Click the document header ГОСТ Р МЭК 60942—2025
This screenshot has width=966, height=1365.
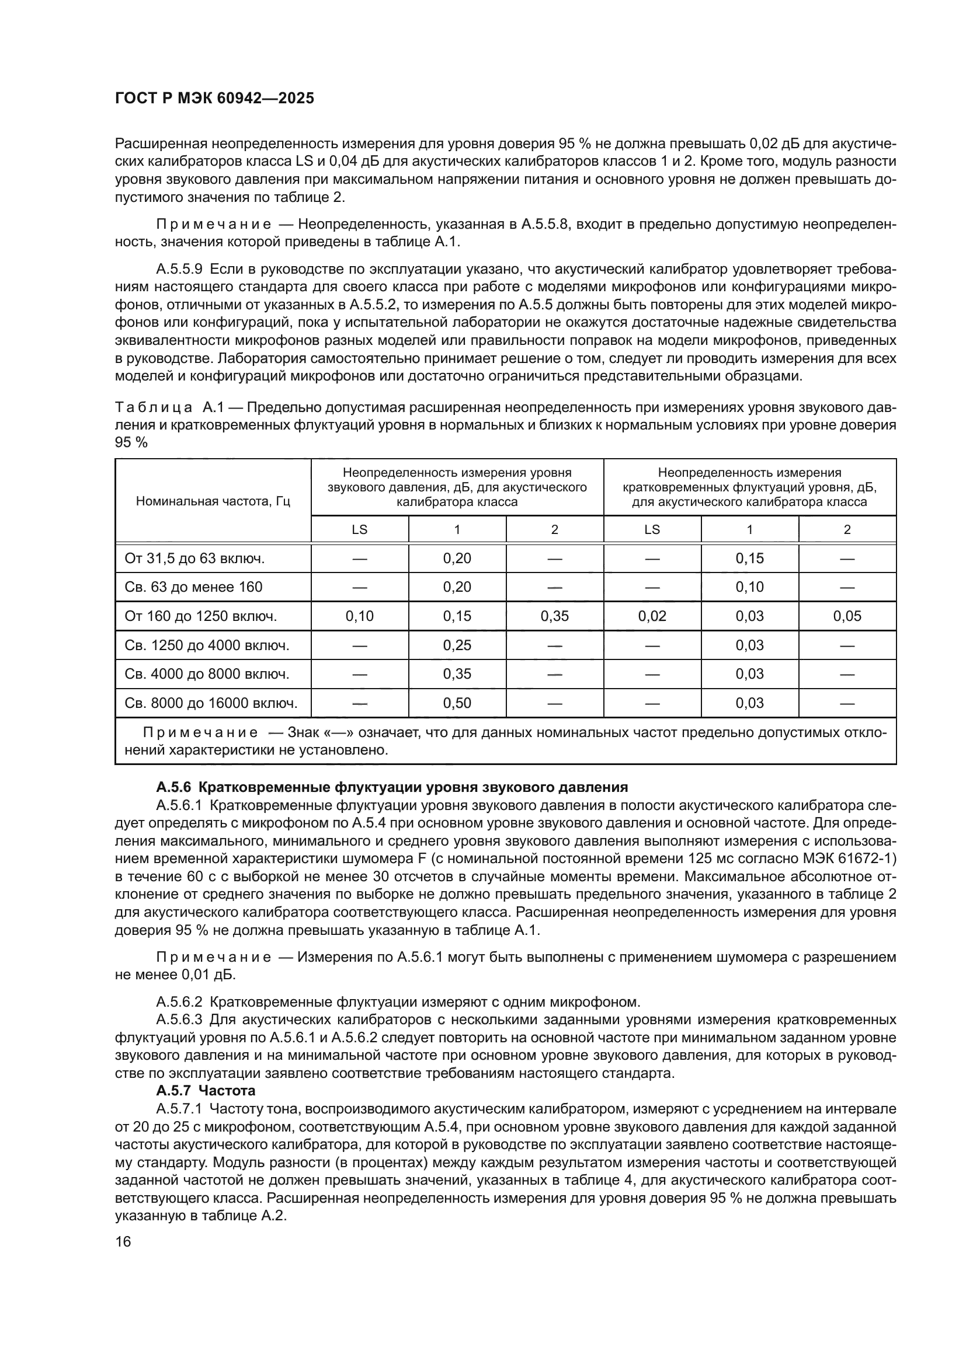pyautogui.click(x=214, y=99)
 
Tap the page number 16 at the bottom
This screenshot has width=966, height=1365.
pyautogui.click(x=123, y=1241)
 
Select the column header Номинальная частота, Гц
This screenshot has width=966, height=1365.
pyautogui.click(x=213, y=501)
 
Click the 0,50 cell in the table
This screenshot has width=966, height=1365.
pyautogui.click(x=457, y=703)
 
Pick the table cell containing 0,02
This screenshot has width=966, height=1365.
pyautogui.click(x=652, y=616)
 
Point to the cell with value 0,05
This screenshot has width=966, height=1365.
pyautogui.click(x=847, y=616)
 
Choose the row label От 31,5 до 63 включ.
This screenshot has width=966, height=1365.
pyautogui.click(x=194, y=558)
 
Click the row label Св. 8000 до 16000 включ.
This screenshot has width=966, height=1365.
pyautogui.click(x=211, y=703)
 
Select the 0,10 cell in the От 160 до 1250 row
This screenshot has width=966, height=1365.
pyautogui.click(x=359, y=616)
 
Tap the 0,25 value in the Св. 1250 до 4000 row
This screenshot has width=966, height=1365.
pyautogui.click(x=457, y=645)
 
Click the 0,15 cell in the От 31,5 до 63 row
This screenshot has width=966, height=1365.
pyautogui.click(x=749, y=558)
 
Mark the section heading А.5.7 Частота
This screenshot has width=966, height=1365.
pyautogui.click(x=206, y=1090)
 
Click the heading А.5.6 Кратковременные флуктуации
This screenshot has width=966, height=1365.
pyautogui.click(x=391, y=787)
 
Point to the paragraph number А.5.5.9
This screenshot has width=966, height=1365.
pyautogui.click(x=180, y=269)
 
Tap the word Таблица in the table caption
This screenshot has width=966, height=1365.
pyautogui.click(x=153, y=407)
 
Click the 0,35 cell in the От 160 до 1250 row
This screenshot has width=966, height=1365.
pyautogui.click(x=554, y=616)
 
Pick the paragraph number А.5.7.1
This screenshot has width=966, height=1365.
pyautogui.click(x=180, y=1108)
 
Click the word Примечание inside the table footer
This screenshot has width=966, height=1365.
pyautogui.click(x=200, y=732)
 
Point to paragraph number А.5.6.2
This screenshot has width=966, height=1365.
pyautogui.click(x=180, y=1002)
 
